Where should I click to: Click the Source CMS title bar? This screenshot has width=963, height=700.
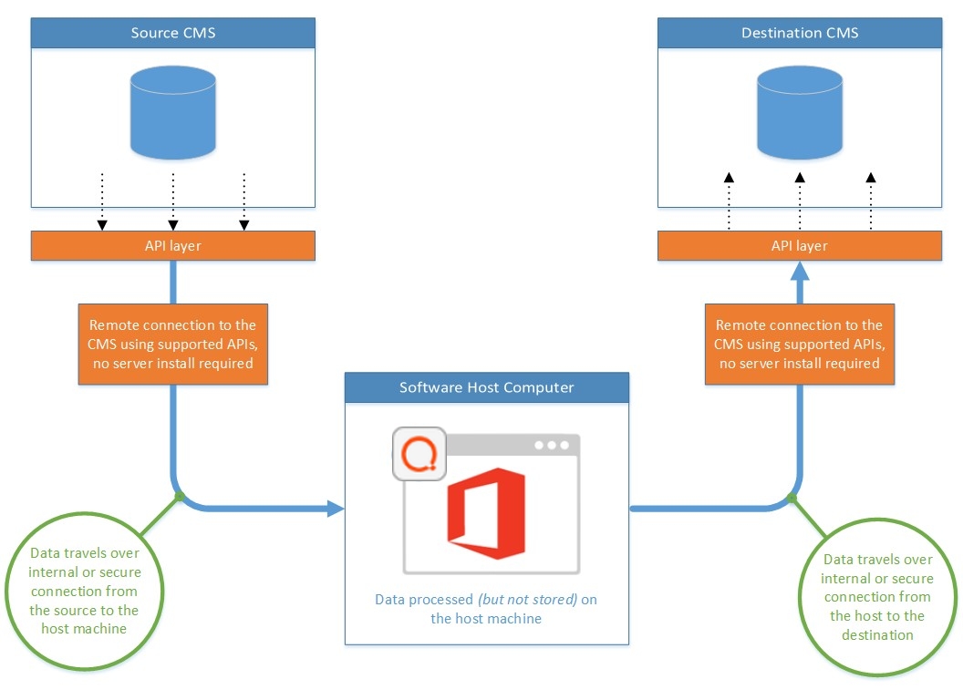173,34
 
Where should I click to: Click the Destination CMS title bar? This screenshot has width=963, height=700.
800,34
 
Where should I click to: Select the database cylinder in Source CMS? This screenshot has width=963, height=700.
173,111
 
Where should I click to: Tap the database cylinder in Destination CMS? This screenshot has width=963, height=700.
800,111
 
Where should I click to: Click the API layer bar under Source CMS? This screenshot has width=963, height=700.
173,246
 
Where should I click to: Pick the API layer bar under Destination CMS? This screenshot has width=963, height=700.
800,246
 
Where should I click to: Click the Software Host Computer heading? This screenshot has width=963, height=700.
487,387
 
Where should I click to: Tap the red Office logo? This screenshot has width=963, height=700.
486,516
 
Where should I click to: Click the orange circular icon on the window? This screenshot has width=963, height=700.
419,453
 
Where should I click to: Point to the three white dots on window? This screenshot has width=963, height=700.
552,446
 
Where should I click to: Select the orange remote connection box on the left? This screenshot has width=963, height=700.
172,344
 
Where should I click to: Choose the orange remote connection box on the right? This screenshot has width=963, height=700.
800,344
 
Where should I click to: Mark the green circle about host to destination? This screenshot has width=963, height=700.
876,597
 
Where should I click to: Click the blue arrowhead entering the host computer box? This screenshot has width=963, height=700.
337,509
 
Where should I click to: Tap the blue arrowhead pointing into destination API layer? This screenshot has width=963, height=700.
800,270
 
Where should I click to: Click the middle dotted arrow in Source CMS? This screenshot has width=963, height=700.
172,201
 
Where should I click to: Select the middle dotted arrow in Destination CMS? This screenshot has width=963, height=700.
800,201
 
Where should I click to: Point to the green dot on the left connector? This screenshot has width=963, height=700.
180,497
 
